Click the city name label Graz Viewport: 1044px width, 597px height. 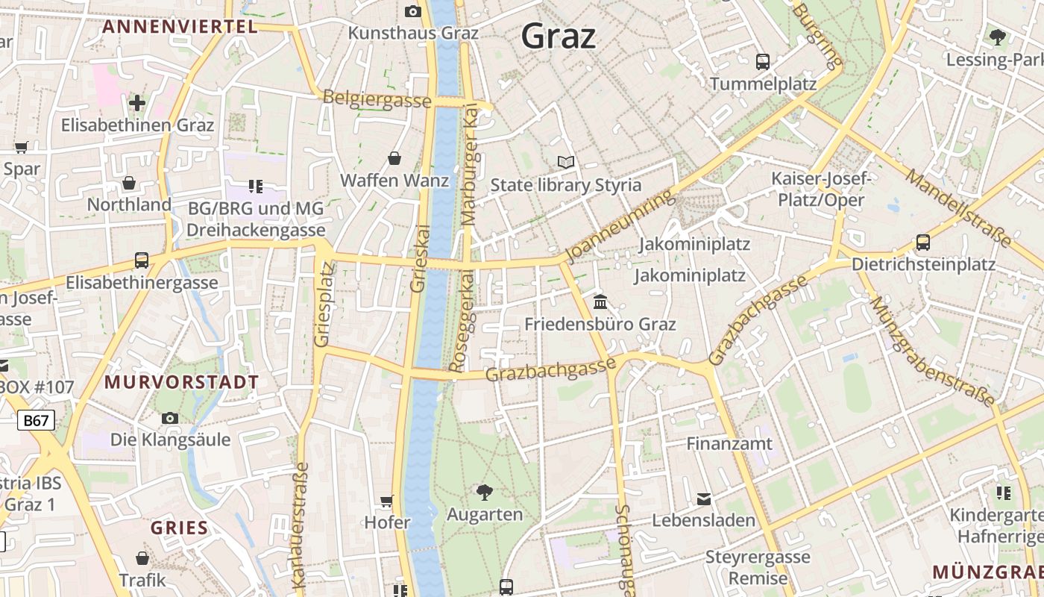[x=559, y=36]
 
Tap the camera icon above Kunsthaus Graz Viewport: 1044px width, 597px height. [x=412, y=11]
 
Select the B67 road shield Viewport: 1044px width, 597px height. [x=35, y=420]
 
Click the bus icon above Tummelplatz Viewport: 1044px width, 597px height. [x=762, y=62]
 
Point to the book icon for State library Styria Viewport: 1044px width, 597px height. [x=566, y=162]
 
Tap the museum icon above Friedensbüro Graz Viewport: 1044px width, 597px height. [x=600, y=302]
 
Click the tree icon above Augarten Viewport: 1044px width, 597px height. [x=484, y=492]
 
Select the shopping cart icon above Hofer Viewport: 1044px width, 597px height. [x=386, y=501]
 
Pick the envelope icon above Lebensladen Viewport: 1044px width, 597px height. [x=704, y=498]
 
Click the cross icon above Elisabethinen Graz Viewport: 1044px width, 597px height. [x=137, y=103]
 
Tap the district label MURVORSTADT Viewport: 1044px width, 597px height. [x=181, y=382]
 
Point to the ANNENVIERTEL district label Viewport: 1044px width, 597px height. [x=180, y=27]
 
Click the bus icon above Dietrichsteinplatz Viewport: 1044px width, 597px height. [x=922, y=243]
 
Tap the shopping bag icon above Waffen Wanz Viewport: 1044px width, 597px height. [x=394, y=158]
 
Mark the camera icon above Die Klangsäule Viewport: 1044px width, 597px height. [x=170, y=418]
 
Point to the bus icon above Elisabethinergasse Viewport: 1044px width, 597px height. [x=142, y=260]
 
